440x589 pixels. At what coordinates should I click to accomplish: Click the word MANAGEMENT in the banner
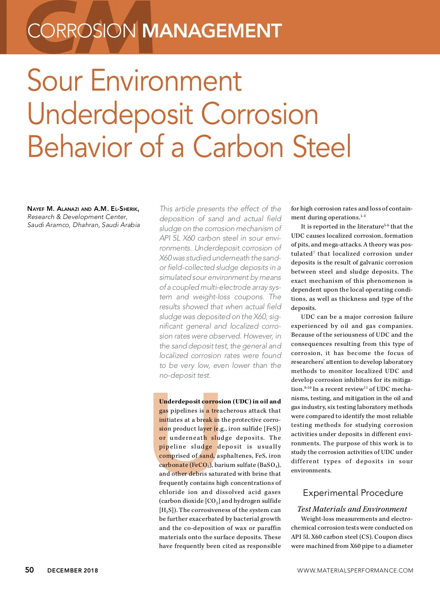tap(212, 31)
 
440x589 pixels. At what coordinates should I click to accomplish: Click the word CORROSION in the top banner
tap(81, 31)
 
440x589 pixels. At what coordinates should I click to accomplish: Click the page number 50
tap(29, 570)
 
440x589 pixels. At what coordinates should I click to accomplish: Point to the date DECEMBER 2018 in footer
tap(73, 570)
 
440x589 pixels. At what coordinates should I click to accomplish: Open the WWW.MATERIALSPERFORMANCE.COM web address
tap(355, 570)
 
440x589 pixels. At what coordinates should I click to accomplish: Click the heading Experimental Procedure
tap(353, 493)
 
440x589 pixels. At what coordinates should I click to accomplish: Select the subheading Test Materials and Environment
tap(352, 509)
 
